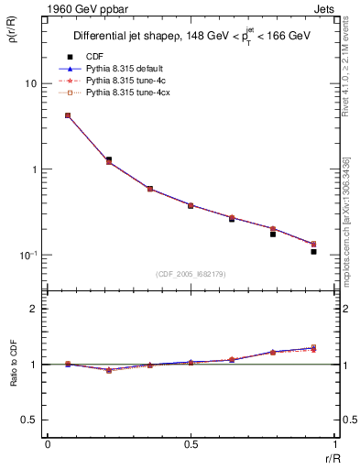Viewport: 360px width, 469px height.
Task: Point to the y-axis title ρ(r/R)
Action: [x=12, y=37]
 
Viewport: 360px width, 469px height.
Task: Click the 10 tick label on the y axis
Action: [x=29, y=83]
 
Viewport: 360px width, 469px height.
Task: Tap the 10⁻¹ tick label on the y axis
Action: [x=27, y=255]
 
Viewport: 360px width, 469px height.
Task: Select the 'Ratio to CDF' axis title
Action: [x=12, y=375]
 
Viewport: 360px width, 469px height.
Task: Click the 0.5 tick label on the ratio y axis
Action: [x=28, y=420]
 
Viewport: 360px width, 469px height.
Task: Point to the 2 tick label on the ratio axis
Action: [x=34, y=309]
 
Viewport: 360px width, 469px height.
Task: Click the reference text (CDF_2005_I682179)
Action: [x=191, y=274]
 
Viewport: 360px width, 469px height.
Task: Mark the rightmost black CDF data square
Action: [x=313, y=251]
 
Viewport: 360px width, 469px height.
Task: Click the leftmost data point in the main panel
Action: [x=68, y=115]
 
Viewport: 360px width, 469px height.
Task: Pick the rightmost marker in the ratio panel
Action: [x=313, y=348]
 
